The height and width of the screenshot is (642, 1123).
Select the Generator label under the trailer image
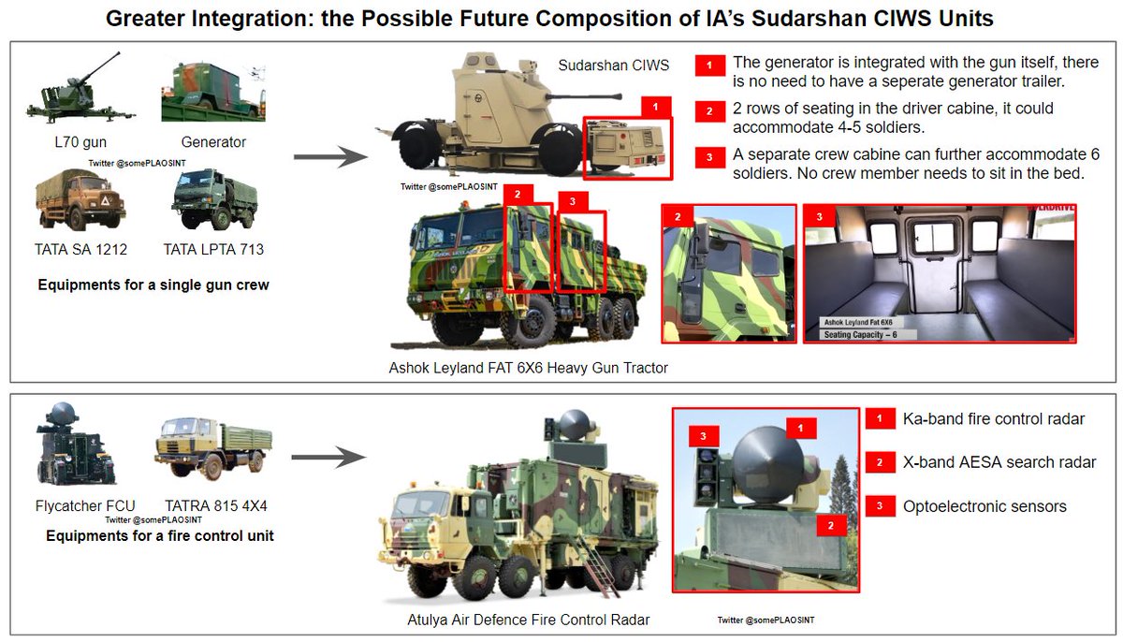212,142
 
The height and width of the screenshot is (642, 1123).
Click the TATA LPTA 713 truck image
214,198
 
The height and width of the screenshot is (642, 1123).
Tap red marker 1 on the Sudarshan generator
655,107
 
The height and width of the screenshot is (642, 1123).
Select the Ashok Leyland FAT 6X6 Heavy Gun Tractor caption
528,368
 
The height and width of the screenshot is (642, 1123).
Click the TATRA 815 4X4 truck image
213,450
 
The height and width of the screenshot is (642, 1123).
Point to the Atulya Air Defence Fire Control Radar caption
528,620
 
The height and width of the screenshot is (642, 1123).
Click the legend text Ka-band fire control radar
993,418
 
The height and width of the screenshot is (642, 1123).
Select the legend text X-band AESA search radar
999,462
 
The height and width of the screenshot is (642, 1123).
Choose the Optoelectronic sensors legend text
984,506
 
